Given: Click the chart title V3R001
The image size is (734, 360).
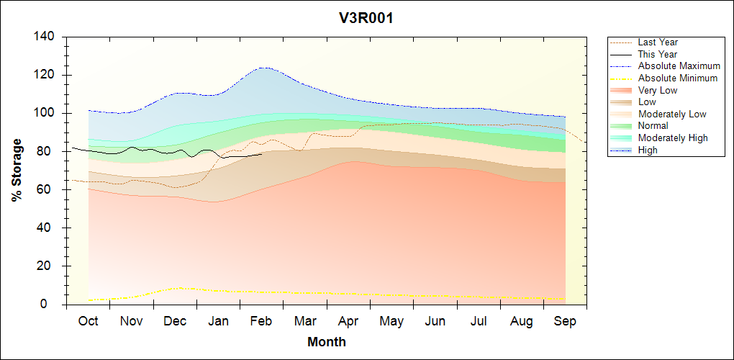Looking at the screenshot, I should point(366,19).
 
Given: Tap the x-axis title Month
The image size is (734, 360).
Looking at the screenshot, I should point(327,342).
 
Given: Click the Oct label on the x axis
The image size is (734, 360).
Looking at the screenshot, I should point(88,321).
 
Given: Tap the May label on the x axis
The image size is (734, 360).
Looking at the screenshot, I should point(391,321).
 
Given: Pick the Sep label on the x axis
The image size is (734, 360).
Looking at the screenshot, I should point(565,321).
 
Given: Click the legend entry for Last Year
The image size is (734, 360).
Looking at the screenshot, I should point(658,42).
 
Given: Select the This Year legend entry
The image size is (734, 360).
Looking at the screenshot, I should point(658,54).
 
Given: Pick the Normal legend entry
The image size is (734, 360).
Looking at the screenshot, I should point(653,126).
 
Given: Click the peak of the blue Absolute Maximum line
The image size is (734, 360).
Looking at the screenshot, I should point(265,68).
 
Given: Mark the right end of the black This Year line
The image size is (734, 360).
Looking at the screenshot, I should point(261,155).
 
